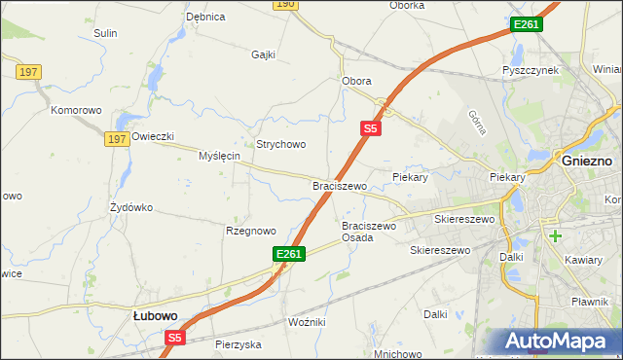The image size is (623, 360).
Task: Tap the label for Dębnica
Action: [205, 17]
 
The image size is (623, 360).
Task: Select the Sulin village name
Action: [105, 33]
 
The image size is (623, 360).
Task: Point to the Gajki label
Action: [264, 54]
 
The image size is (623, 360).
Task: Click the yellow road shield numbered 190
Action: [283, 4]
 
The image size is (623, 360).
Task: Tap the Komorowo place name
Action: [76, 110]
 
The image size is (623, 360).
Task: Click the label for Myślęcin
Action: [219, 156]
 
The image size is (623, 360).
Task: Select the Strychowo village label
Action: [281, 144]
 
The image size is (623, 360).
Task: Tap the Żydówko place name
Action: [131, 207]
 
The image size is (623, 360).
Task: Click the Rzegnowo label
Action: [251, 231]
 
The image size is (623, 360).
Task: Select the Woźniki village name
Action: [308, 321]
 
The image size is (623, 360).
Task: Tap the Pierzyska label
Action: [238, 344]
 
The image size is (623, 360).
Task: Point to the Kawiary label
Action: [584, 261]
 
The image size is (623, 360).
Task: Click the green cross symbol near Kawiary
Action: [555, 235]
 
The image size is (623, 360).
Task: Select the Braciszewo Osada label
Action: [369, 232]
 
